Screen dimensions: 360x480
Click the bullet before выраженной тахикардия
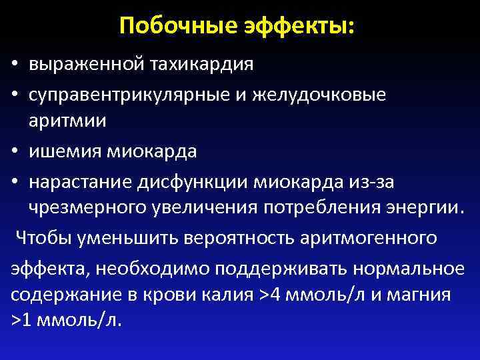14,66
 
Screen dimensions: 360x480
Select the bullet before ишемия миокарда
14,152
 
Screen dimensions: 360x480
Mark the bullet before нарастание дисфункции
14,181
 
